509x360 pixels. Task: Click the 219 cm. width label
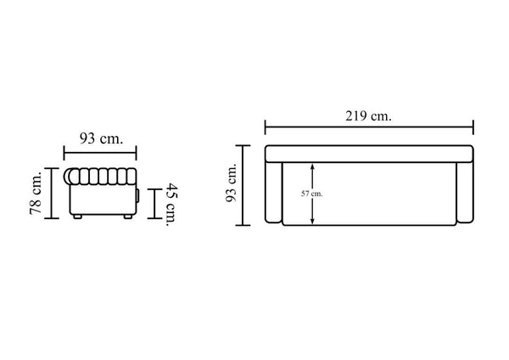point(368,115)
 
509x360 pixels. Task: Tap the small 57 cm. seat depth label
point(312,194)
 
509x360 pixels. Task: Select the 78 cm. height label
point(36,193)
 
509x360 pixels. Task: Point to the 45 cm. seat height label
point(172,205)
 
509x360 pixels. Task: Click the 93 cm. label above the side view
point(101,138)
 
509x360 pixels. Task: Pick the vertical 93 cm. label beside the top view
point(231,183)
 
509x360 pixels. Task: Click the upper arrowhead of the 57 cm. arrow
point(312,166)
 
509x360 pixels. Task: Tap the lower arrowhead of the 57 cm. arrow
point(312,221)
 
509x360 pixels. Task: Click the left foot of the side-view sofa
point(77,217)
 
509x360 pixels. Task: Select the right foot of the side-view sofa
point(128,217)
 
